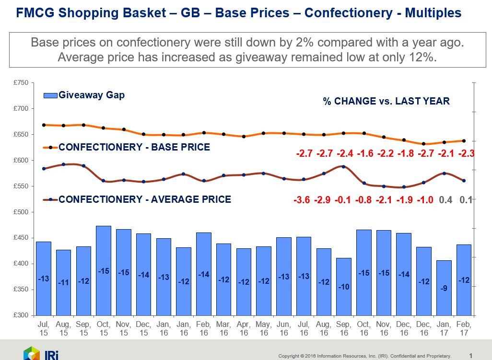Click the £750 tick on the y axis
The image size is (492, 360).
coord(23,83)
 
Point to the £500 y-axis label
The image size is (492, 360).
coord(23,212)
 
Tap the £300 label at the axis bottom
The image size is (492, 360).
coord(23,315)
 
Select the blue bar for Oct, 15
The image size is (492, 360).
coord(104,270)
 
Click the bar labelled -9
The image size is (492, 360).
coord(444,288)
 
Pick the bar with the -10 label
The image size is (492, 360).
coord(343,286)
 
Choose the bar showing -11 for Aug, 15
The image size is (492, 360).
coord(63,282)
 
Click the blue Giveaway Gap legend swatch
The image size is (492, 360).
coord(50,95)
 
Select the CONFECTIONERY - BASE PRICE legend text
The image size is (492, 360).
coord(134,147)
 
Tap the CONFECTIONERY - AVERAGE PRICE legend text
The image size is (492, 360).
coord(145,199)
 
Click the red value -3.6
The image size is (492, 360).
coord(302,200)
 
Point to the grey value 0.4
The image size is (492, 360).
coord(445,200)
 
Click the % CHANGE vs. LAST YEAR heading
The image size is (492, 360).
coord(386,101)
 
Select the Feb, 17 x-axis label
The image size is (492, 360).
coord(464,328)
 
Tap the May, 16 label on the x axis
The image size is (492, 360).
coord(263,328)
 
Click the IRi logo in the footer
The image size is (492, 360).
coord(41,354)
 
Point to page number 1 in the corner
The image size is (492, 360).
coord(471,356)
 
